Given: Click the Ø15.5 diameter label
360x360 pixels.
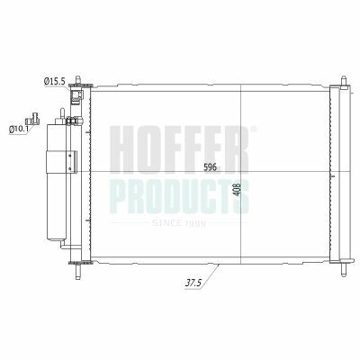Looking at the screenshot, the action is click(x=54, y=81).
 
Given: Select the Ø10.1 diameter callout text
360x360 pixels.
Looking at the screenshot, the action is click(x=20, y=130).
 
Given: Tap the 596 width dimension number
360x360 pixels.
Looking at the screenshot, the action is click(x=210, y=167).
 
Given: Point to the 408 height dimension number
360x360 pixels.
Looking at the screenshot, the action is click(x=237, y=189).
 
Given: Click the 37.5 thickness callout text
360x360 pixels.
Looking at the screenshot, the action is click(x=193, y=283).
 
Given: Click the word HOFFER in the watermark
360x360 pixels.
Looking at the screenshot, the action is click(x=179, y=148).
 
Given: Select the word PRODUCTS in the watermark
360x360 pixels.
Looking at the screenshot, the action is click(x=179, y=196).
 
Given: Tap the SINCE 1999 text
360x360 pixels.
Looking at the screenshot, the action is click(x=178, y=223).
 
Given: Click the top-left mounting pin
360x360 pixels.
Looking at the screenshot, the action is click(x=78, y=80).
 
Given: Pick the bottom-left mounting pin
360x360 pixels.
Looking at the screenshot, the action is click(x=78, y=272).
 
